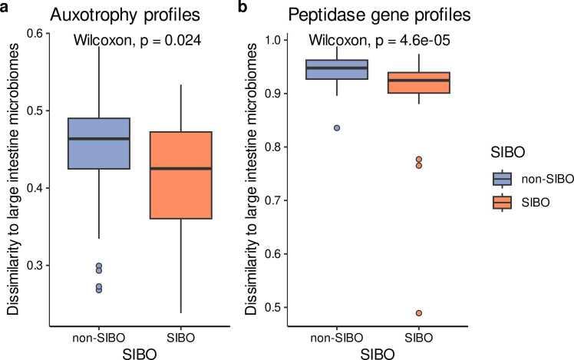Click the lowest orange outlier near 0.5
(419, 313)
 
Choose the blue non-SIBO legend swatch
(502, 178)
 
